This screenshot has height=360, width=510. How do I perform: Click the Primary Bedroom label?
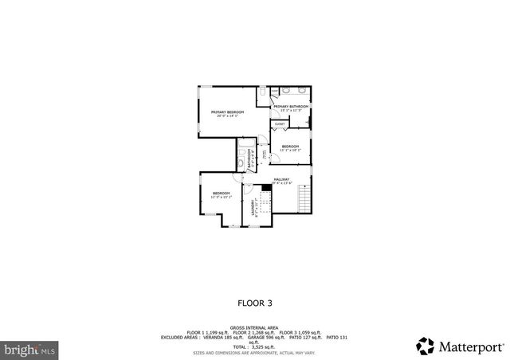click(x=227, y=114)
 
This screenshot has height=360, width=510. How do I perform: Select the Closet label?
click(x=280, y=124)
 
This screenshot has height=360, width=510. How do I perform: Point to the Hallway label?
click(x=281, y=181)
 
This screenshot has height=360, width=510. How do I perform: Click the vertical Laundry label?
click(x=254, y=209)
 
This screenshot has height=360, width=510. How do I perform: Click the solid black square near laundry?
click(x=267, y=188)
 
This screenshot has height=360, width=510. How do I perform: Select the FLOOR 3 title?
click(x=254, y=303)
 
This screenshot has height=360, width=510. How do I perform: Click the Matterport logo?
click(x=460, y=346)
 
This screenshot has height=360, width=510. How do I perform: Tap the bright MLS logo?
click(x=29, y=348)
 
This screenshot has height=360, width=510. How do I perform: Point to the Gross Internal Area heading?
click(x=254, y=327)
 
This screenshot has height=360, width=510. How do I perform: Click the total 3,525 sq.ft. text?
click(x=254, y=346)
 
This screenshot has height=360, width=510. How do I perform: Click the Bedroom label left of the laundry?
click(x=221, y=194)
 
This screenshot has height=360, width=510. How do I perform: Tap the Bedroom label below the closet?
click(x=290, y=147)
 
